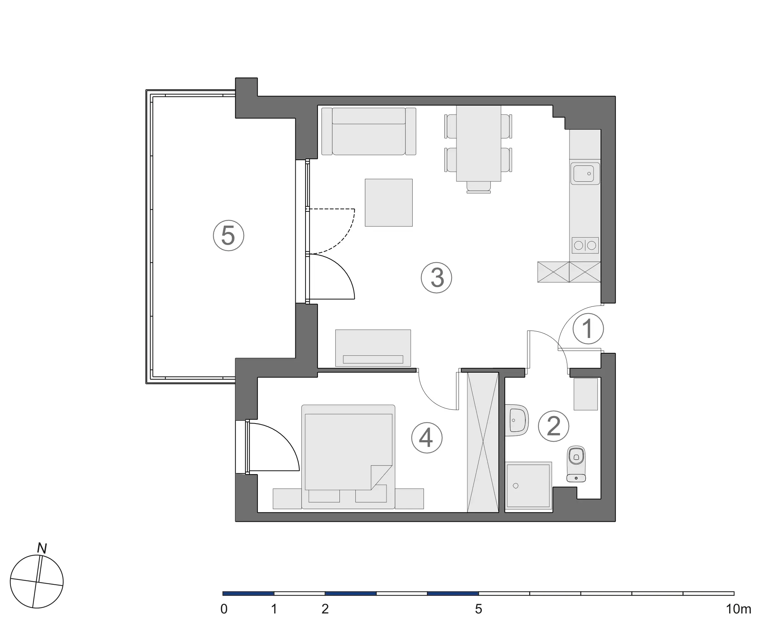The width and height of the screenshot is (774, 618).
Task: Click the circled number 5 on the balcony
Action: [x=228, y=235]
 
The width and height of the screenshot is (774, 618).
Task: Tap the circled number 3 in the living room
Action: [x=436, y=278]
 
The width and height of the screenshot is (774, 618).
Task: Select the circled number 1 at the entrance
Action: [x=588, y=329]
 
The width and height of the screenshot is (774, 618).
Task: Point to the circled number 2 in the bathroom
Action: [x=554, y=426]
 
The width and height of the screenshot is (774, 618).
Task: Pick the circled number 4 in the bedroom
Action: [x=426, y=438]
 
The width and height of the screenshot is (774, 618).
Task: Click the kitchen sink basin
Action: [x=584, y=174]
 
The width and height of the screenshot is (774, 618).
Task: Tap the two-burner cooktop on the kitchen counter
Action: [x=585, y=245]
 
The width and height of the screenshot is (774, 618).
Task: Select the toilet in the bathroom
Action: [x=576, y=464]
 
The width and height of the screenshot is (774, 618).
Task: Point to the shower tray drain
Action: [x=516, y=486]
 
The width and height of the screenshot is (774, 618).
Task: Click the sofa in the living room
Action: [x=369, y=132]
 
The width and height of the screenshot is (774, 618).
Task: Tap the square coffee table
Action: [x=389, y=203]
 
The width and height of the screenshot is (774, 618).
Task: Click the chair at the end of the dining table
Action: [x=479, y=186]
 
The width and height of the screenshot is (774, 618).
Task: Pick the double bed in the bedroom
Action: [x=348, y=453]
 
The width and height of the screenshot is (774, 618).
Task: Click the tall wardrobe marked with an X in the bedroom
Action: [x=483, y=442]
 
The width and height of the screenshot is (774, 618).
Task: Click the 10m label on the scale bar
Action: [x=738, y=609]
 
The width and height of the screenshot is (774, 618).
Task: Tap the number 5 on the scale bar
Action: [x=478, y=609]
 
